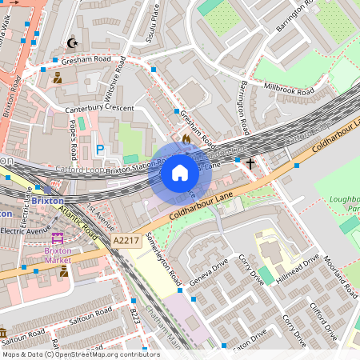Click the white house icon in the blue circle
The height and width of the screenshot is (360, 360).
click(180, 172)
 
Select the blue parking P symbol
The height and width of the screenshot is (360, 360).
click(100, 150)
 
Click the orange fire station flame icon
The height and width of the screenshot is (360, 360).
click(186, 138)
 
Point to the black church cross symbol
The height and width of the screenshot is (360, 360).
click(250, 163)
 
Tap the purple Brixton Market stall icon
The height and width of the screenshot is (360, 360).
click(58, 238)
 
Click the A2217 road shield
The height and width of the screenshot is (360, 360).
click(126, 239)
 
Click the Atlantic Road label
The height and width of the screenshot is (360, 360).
click(77, 223)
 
